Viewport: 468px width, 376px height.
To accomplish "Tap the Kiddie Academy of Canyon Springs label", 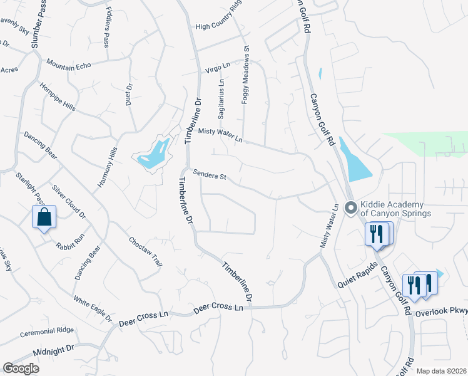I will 395,209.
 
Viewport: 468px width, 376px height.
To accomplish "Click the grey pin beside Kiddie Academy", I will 351,206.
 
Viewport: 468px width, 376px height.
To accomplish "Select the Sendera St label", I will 209,175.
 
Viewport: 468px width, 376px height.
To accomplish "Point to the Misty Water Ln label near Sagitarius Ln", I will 220,135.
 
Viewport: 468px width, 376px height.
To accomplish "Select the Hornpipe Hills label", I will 58,97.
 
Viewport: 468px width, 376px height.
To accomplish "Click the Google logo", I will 21,368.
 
